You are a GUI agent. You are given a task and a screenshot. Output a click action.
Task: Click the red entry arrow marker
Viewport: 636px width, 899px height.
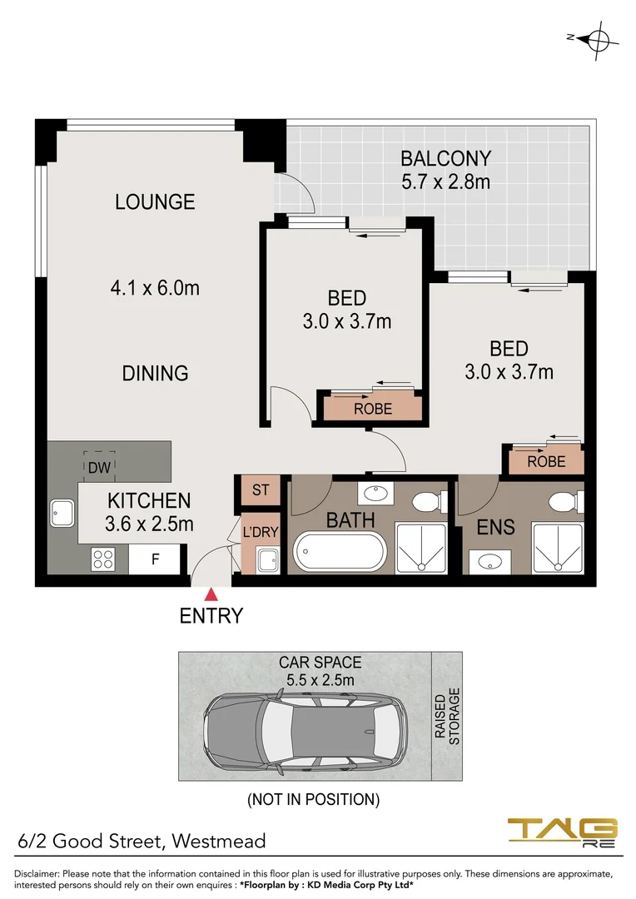[x=211, y=594]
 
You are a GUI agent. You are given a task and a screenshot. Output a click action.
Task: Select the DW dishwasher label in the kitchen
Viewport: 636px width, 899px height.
[x=100, y=467]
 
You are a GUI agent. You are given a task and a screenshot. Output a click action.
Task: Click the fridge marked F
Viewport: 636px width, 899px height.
[x=155, y=560]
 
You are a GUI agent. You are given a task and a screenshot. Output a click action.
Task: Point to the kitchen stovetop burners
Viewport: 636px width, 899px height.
[x=102, y=559]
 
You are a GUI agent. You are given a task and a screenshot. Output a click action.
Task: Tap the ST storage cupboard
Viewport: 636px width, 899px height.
[x=261, y=489]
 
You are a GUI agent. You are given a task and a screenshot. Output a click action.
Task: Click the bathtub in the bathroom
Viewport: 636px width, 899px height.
[x=340, y=552]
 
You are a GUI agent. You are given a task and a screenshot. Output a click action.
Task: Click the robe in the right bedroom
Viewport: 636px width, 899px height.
[x=546, y=461]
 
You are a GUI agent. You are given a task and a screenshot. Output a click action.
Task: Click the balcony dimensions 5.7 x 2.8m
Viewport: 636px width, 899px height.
[x=445, y=181]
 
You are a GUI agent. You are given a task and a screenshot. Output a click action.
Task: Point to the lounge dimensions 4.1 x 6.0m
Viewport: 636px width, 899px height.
[x=155, y=288]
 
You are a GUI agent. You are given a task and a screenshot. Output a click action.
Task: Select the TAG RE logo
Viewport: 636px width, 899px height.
[x=563, y=832]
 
